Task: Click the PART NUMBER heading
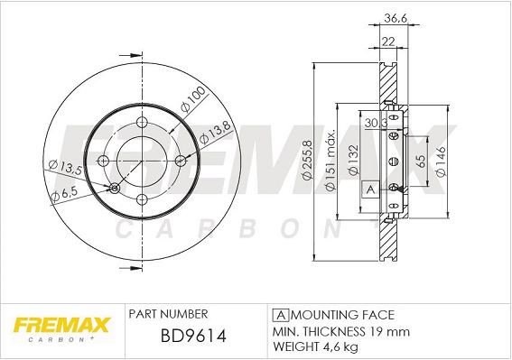pos(169,313)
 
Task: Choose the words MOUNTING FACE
pos(344,314)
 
